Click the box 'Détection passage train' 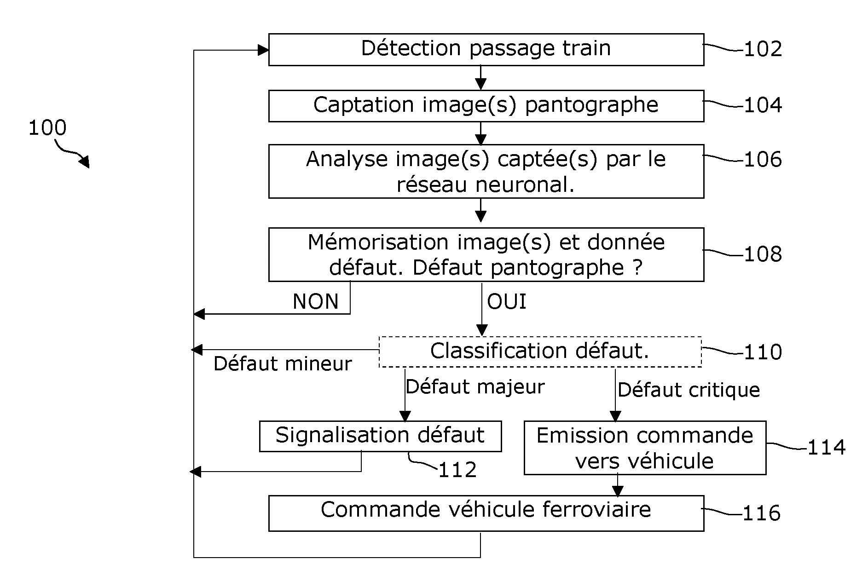point(486,49)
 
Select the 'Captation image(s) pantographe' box point(486,106)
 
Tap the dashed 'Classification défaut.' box point(540,351)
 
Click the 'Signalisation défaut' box point(380,436)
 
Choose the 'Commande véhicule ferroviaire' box point(486,513)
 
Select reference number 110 point(763,352)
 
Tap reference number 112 point(457,470)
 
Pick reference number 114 point(827,448)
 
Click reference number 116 point(762,513)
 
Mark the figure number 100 point(47,127)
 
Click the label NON point(316,302)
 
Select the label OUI point(507,302)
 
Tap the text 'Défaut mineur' point(283,364)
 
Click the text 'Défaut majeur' point(475,386)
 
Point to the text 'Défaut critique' point(689,390)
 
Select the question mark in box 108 point(637,267)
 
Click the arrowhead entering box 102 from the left point(263,50)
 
